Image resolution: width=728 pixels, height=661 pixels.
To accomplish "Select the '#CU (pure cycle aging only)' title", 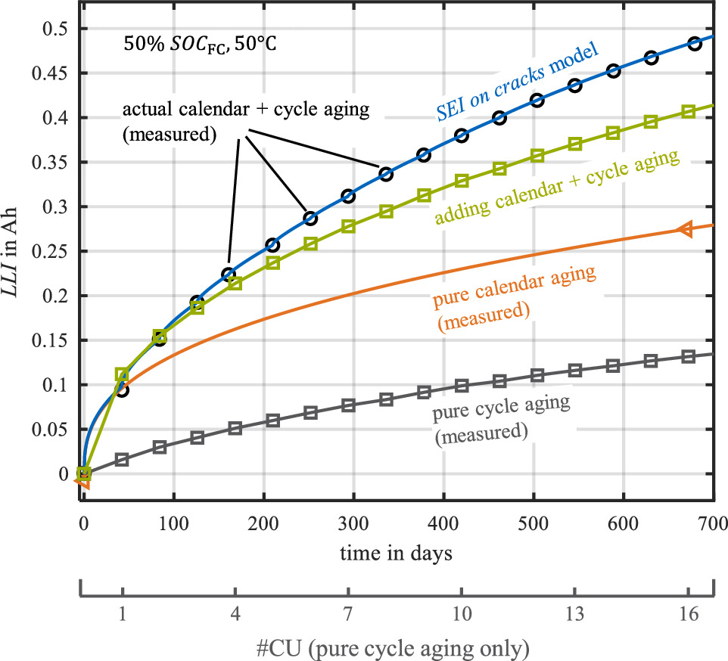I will pos(398,646).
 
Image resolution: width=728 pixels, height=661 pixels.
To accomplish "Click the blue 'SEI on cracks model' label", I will pos(517,83).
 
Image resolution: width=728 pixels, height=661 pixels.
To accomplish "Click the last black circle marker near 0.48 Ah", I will pos(695,44).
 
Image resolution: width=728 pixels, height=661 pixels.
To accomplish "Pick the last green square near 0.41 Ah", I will pos(688,112).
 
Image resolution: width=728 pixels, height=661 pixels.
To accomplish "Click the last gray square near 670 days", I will pos(688,356).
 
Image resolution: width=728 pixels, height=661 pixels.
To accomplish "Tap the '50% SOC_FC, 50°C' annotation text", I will pos(200,43).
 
